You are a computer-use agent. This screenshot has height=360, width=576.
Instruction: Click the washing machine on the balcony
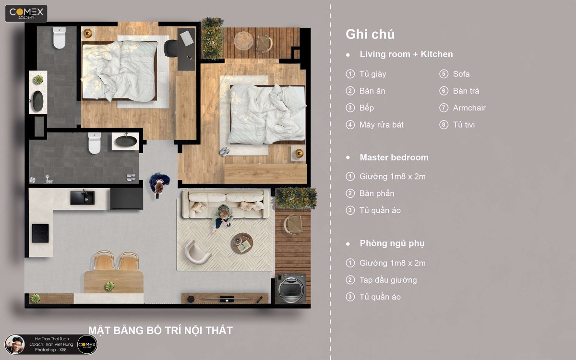[x=291, y=288]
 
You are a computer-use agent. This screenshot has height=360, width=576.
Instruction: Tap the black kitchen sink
[x=82, y=197]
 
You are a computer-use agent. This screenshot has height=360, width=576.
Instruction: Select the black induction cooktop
[x=40, y=233]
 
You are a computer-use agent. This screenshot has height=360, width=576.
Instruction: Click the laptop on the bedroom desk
[x=187, y=38]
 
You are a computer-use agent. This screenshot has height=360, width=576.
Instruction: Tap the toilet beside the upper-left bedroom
[x=60, y=38]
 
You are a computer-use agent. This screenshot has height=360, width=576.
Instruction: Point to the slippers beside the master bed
[x=225, y=152]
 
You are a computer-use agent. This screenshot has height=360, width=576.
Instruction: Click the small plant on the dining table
[x=109, y=286]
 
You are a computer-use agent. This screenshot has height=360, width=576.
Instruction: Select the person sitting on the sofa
[x=222, y=218]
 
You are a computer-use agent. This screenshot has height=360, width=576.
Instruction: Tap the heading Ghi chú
[x=370, y=35]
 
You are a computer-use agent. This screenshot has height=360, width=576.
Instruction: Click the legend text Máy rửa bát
[x=381, y=125]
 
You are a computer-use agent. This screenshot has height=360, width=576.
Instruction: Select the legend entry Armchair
[x=469, y=108]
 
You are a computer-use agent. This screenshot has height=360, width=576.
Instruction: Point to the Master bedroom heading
[x=394, y=157]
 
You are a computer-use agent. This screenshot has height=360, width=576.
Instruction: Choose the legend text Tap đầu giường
[x=388, y=280]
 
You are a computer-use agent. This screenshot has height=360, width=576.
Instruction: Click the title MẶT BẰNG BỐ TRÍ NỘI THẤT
[x=160, y=330]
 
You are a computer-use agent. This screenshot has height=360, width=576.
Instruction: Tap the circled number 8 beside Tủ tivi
[x=444, y=125]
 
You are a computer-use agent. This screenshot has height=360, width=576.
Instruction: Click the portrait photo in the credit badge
[x=15, y=345]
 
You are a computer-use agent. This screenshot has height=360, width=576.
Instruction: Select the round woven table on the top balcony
[x=243, y=40]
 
